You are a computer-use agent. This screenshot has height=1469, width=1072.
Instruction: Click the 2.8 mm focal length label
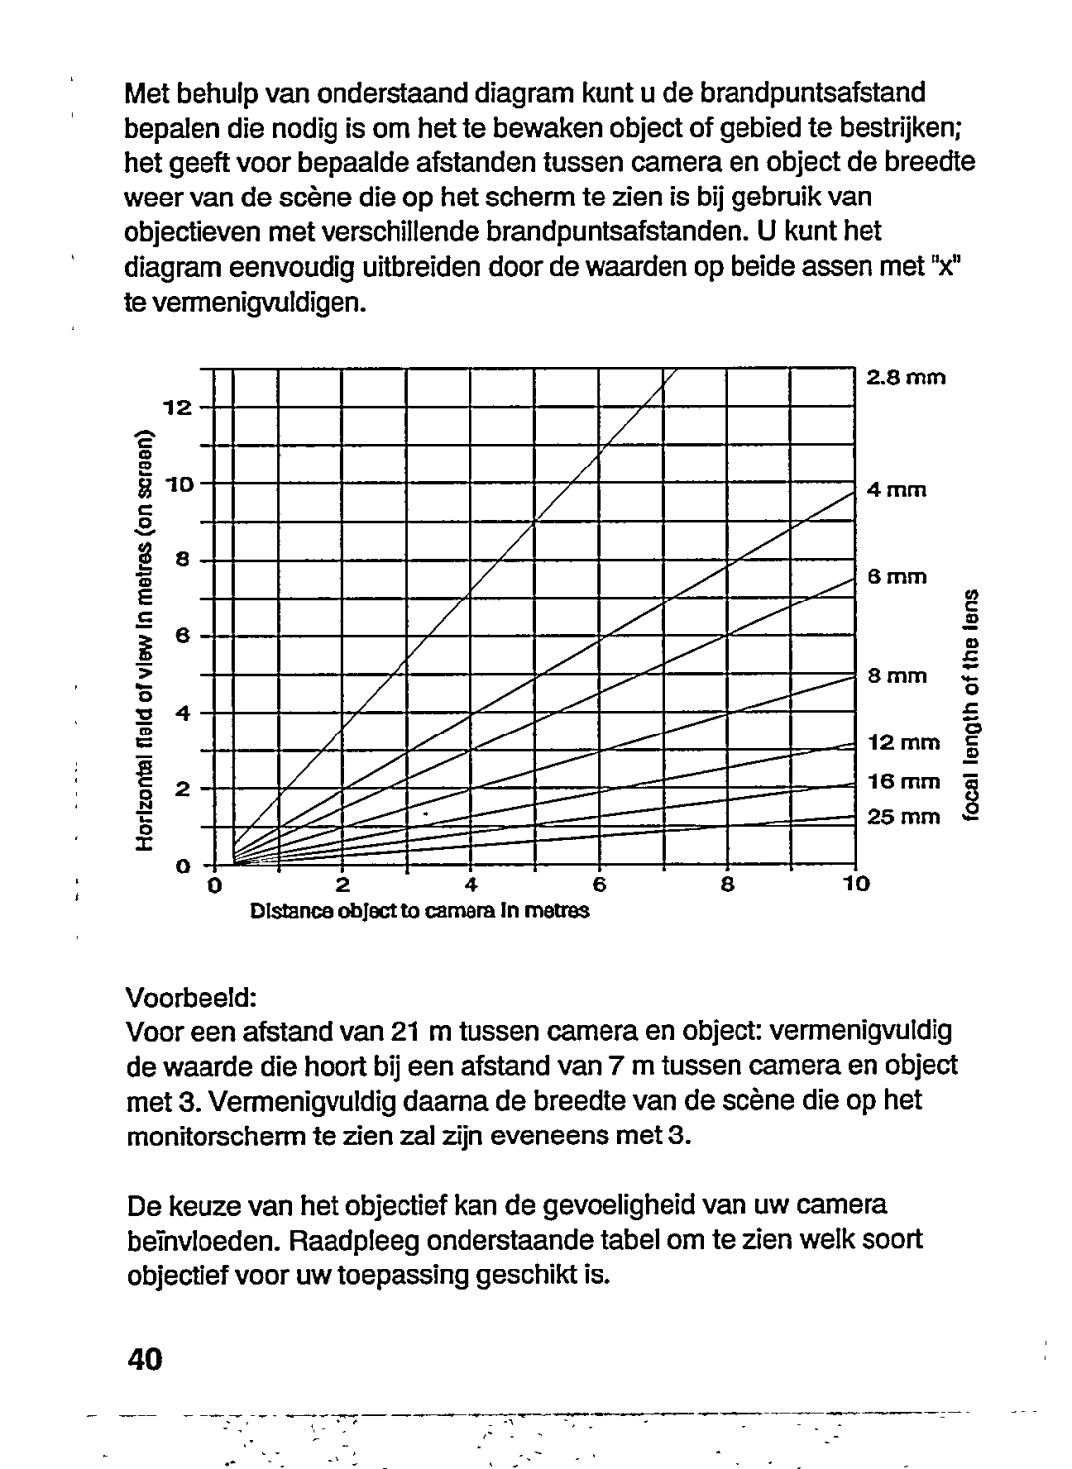pos(907,378)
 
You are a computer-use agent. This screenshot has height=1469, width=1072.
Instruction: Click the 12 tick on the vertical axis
pos(177,407)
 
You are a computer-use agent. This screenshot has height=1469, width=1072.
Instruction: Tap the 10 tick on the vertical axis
pos(177,483)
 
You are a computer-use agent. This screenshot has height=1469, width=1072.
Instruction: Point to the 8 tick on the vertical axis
pos(182,560)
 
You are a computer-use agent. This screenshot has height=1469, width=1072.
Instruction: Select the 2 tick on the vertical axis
pos(182,789)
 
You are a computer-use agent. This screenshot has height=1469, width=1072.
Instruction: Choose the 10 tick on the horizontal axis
pos(856,884)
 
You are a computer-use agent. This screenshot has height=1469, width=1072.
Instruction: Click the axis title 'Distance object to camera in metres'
pos(419,910)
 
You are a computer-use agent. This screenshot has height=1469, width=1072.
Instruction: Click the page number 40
pos(145,1359)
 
